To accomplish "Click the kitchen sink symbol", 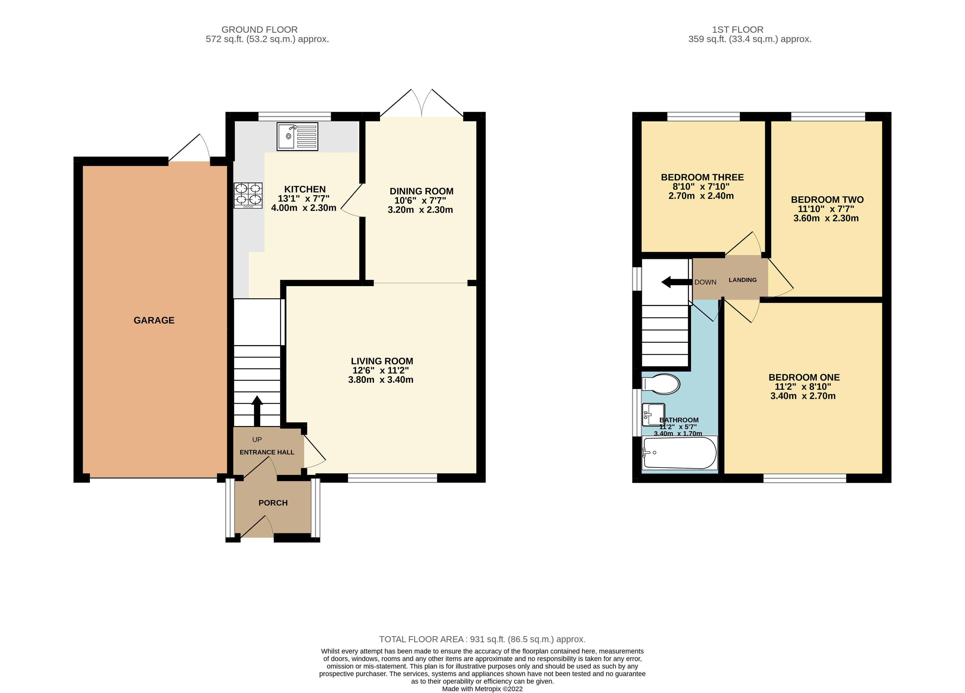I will (297, 136).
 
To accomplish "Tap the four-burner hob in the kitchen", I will (248, 195).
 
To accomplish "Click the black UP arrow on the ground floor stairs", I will (257, 411).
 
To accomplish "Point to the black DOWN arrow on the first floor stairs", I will (676, 282).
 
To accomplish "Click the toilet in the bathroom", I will (661, 384).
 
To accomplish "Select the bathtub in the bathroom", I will (679, 453).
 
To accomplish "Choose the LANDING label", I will (742, 280).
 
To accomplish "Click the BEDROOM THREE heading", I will (702, 177).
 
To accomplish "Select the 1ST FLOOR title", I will (737, 30).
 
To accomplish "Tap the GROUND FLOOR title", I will (259, 30).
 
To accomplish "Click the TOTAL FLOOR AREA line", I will (482, 639).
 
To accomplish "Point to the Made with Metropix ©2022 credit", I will (482, 689).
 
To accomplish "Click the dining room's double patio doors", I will (421, 105).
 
